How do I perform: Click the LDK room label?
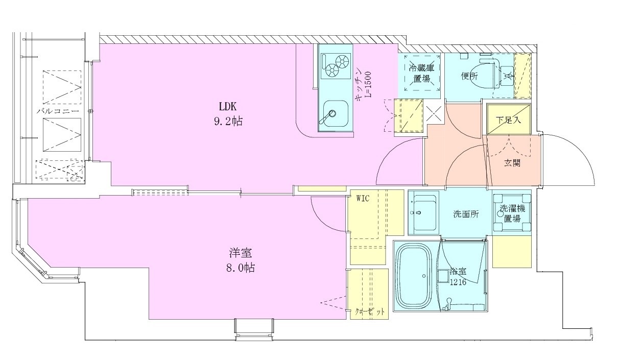pyautogui.click(x=228, y=106)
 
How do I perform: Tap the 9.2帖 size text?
pyautogui.click(x=228, y=121)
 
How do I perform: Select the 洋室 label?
pyautogui.click(x=241, y=253)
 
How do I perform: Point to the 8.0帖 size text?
pyautogui.click(x=241, y=268)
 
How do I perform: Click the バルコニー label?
pyautogui.click(x=58, y=111)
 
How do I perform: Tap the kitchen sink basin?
pyautogui.click(x=335, y=113)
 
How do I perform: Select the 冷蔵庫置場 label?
pyautogui.click(x=421, y=73)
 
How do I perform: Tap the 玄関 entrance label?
pyautogui.click(x=512, y=163)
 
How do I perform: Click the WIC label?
pyautogui.click(x=363, y=198)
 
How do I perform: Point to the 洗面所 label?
pyautogui.click(x=466, y=214)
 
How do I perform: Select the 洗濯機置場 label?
pyautogui.click(x=512, y=213)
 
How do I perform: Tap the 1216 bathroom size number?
pyautogui.click(x=458, y=282)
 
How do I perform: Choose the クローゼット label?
pyautogui.click(x=370, y=312)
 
